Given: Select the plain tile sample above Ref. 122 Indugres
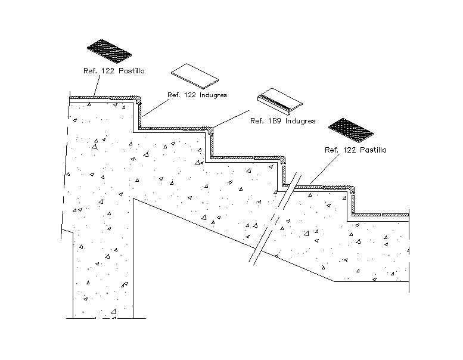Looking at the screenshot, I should pyautogui.click(x=195, y=75).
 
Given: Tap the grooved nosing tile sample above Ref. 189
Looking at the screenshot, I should pyautogui.click(x=279, y=99).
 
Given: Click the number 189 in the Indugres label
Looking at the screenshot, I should pyautogui.click(x=274, y=121).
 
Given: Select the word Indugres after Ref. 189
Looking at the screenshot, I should pyautogui.click(x=300, y=121).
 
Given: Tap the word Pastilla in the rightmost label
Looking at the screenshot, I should pyautogui.click(x=372, y=150).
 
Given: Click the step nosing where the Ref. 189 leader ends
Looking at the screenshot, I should pyautogui.click(x=211, y=129).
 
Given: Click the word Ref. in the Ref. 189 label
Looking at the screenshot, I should pyautogui.click(x=257, y=121).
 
